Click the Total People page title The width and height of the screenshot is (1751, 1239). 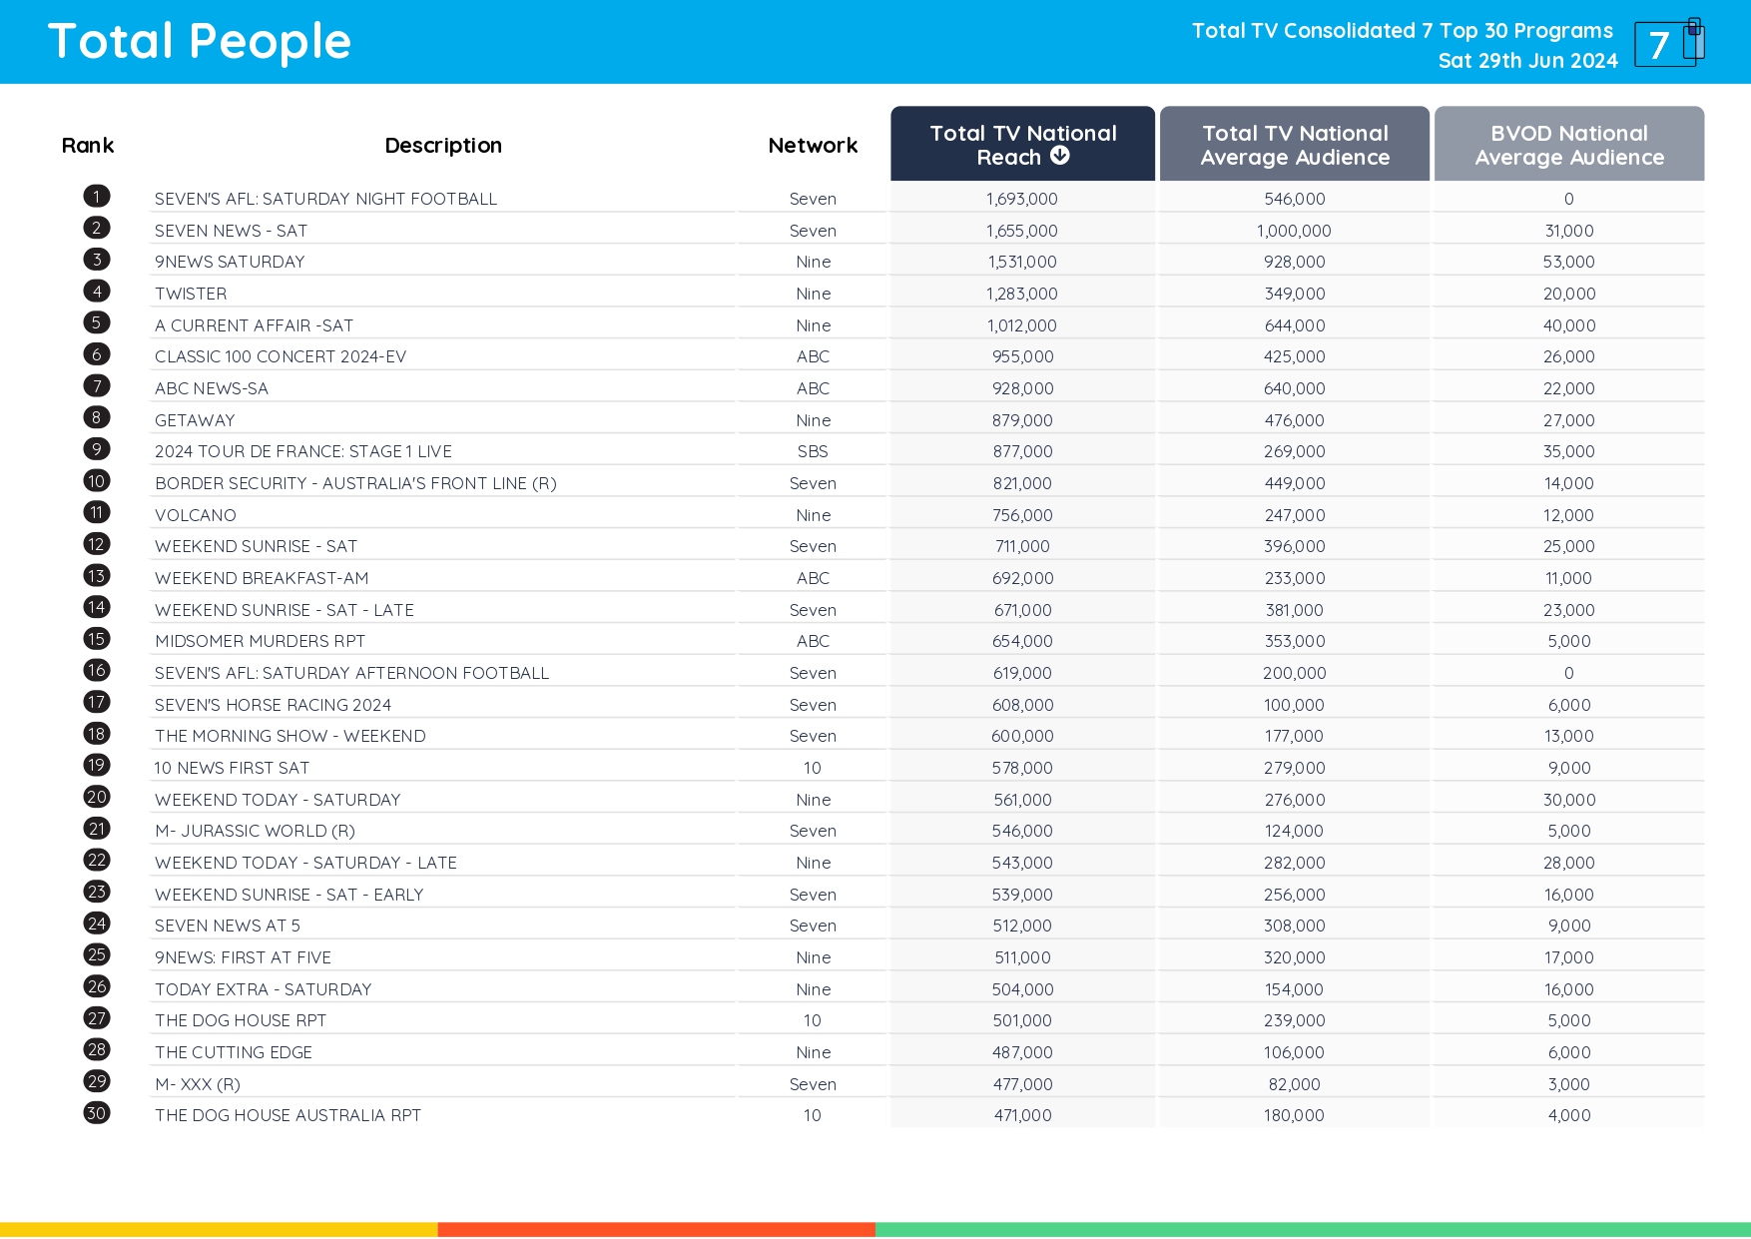point(200,42)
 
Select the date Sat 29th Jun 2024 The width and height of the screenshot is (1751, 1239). point(1527,61)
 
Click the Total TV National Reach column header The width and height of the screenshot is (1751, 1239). point(1022,145)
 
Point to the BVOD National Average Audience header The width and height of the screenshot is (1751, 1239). point(1568,145)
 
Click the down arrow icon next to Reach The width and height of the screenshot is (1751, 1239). point(1060,156)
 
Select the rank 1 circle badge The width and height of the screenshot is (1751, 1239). point(97,197)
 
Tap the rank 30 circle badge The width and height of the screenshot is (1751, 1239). point(97,1113)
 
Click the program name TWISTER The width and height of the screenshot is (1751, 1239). point(191,294)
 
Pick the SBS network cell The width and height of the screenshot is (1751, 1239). point(813,451)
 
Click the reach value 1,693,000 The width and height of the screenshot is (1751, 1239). point(1021,199)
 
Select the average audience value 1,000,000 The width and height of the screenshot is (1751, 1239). point(1294,231)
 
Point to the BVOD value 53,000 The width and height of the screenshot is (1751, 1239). point(1568,262)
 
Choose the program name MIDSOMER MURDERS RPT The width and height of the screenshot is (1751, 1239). point(260,641)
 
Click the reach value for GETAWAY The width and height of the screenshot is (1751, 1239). point(1022,420)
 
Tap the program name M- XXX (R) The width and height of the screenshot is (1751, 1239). point(198,1084)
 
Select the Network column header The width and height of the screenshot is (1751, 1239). point(813,146)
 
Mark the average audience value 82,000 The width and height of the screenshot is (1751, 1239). point(1294,1084)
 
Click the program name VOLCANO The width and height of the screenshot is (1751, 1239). point(196,515)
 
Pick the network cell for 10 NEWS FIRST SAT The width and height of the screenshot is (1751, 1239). point(813,768)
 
